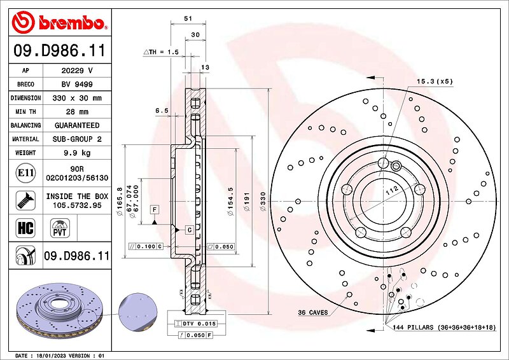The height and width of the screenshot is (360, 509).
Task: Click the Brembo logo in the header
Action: (59, 22)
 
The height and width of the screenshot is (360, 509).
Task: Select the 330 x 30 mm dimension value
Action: (77, 98)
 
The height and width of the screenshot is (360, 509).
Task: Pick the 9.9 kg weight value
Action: (77, 153)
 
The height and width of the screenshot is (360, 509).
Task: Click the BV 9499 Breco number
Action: (77, 85)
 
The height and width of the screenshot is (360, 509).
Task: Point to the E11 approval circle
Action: (25, 173)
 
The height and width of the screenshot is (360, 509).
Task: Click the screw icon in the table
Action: (25, 200)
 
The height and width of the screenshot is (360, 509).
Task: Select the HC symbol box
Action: (25, 228)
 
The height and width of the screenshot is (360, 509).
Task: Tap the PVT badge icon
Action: (60, 228)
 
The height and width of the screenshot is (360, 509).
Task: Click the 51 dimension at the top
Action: (188, 18)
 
